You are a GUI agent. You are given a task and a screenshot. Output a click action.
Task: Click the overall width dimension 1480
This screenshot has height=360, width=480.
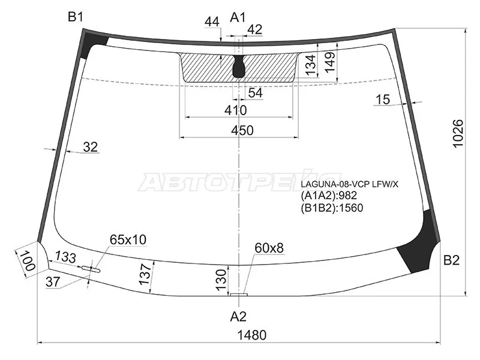pyautogui.click(x=252, y=335)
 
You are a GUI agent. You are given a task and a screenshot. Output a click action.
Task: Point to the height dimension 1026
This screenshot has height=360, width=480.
pyautogui.click(x=458, y=133)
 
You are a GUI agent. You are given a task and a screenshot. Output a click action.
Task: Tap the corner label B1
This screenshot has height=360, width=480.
pyautogui.click(x=76, y=17)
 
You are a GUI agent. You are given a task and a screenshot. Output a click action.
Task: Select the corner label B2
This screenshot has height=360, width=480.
pyautogui.click(x=452, y=260)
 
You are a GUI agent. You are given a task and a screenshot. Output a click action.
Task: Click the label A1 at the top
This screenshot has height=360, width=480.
pyautogui.click(x=238, y=17)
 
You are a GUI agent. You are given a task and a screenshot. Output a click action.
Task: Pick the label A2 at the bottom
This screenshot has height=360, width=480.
pyautogui.click(x=238, y=317)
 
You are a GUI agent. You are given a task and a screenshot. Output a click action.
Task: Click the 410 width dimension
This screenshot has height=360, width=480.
pyautogui.click(x=235, y=110)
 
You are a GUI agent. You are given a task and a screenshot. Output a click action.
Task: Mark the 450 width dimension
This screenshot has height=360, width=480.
pyautogui.click(x=242, y=130)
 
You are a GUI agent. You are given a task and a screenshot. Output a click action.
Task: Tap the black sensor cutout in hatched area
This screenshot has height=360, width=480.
pyautogui.click(x=239, y=67)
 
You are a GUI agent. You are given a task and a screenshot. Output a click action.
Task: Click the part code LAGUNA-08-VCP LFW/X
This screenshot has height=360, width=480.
pyautogui.click(x=350, y=184)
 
